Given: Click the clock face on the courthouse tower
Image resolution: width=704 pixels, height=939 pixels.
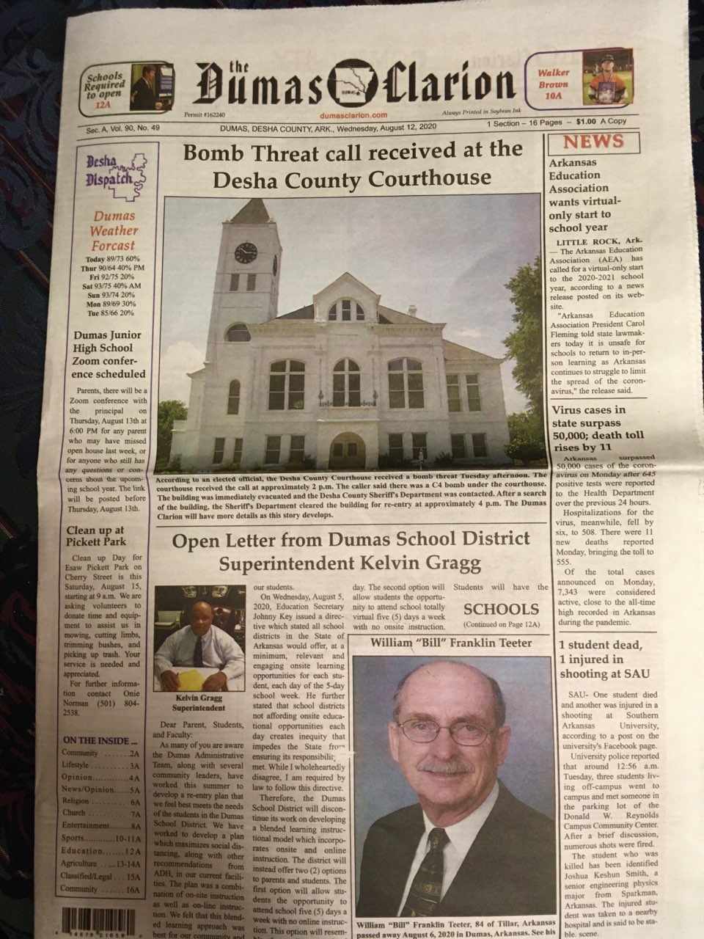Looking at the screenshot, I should coord(245,253).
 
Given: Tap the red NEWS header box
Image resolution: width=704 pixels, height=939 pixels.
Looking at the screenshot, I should coord(594,142).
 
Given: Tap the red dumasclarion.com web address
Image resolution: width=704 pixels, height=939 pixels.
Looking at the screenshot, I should coord(353,115).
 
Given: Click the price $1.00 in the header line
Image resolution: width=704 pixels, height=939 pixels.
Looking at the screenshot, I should coord(585,122).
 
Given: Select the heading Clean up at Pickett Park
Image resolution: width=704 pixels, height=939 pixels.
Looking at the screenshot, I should coord(96,536).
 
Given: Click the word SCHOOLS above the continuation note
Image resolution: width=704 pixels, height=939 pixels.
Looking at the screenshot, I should coord(501,609).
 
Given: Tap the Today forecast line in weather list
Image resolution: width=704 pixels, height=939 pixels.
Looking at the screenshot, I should coord(112,260).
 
